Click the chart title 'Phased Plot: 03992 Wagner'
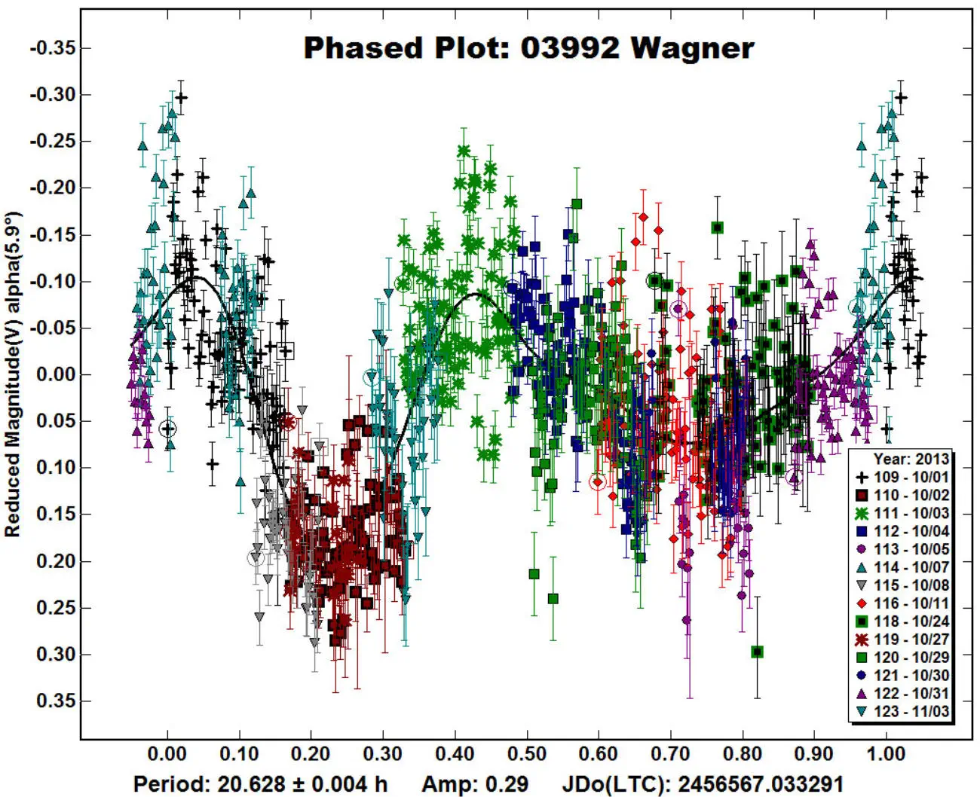pos(528,48)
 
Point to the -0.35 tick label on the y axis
pos(53,48)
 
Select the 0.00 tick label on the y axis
pos(57,374)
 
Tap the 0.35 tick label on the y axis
pos(57,701)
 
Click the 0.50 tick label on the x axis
pos(526,754)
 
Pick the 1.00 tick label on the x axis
pos(886,754)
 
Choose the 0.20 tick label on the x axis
pos(311,754)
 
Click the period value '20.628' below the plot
pos(256,784)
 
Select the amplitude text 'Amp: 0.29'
pos(475,784)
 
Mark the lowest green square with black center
pos(758,652)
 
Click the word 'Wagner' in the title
pos(692,48)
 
